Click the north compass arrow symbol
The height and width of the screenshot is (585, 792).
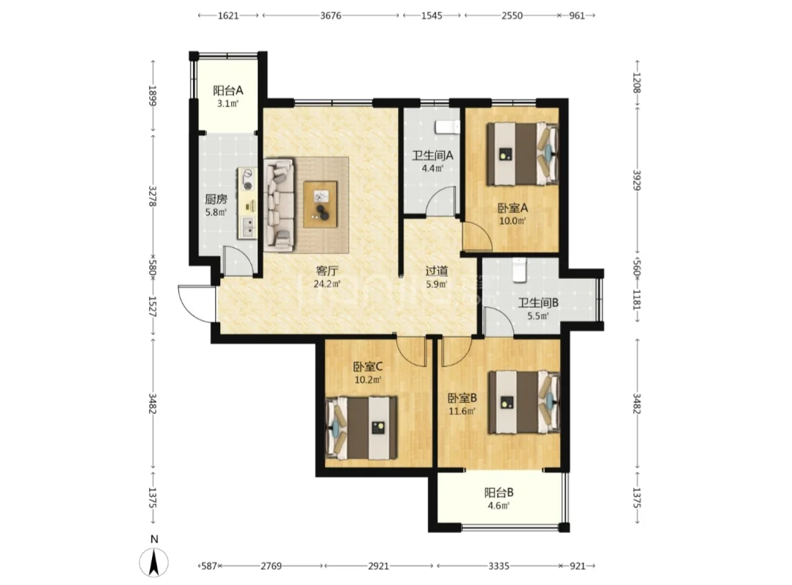click(153, 562)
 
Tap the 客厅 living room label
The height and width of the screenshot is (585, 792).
click(327, 271)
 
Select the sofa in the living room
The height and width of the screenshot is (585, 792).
click(280, 205)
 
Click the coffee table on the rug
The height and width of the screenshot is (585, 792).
click(320, 204)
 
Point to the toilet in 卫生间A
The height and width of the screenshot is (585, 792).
click(448, 127)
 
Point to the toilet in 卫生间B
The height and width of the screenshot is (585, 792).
click(520, 270)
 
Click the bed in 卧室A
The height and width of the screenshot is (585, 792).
click(523, 153)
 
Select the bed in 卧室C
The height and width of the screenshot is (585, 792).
click(362, 428)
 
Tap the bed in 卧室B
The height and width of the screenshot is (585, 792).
click(524, 402)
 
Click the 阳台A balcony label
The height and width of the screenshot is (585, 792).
click(228, 90)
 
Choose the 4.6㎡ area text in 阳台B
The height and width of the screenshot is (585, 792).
click(498, 506)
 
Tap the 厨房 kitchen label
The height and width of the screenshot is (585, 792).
click(216, 200)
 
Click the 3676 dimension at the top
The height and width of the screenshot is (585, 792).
click(331, 15)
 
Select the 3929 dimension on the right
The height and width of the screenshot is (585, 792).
click(637, 180)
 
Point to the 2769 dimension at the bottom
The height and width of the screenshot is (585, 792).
click(272, 567)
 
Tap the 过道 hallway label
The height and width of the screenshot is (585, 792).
click(437, 272)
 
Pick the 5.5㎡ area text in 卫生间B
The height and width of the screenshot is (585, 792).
click(538, 316)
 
